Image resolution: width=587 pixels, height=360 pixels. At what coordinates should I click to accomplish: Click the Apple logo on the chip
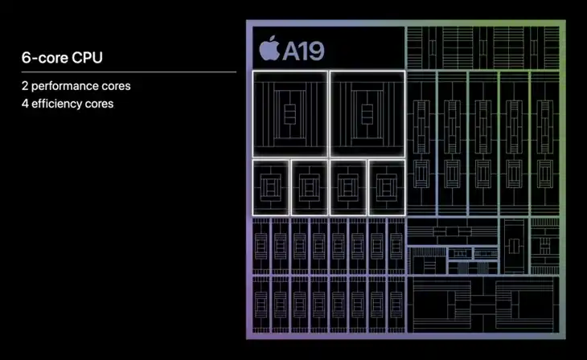pos(269,49)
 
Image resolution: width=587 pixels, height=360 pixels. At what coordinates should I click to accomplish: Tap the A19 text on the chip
pos(303,51)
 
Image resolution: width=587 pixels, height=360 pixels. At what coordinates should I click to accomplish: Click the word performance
pos(65,87)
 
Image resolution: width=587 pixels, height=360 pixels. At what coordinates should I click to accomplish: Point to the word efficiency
pos(57,104)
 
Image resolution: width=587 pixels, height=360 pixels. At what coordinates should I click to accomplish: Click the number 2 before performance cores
pos(25,86)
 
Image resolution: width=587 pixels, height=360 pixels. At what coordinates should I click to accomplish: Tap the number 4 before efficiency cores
pos(25,104)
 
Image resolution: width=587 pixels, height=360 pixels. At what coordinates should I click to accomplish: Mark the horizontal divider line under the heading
pos(129,72)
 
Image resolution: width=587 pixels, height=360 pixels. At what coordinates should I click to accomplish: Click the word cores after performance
pos(116,87)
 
